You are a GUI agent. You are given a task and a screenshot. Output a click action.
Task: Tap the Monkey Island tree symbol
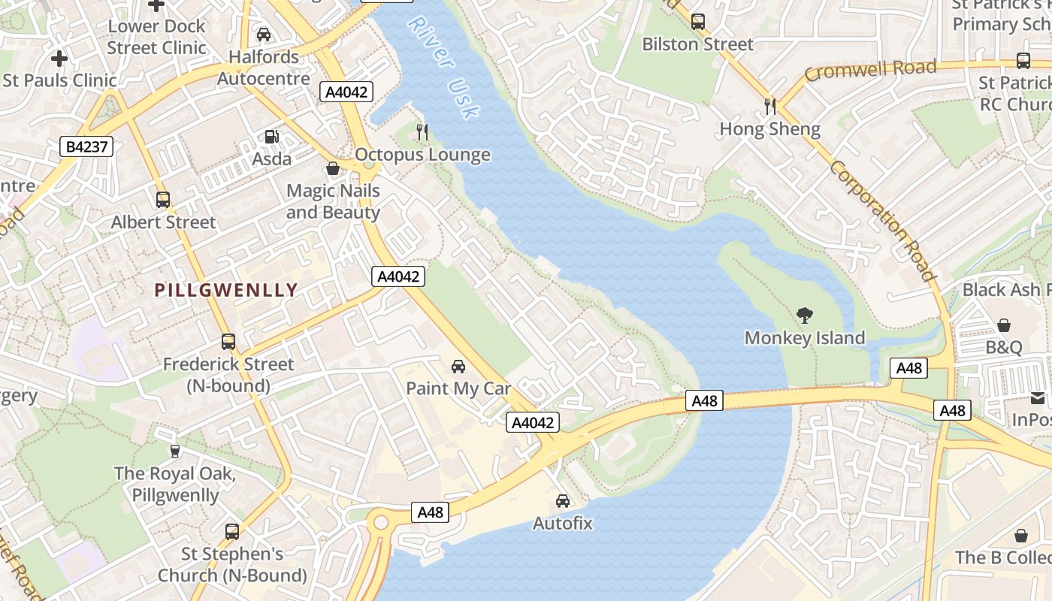pyautogui.click(x=805, y=316)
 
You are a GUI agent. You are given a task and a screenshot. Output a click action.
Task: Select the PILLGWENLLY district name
pyautogui.click(x=226, y=290)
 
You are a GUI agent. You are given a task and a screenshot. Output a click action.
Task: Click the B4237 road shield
pyautogui.click(x=86, y=146)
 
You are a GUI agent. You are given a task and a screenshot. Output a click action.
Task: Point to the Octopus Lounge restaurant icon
pyautogui.click(x=422, y=132)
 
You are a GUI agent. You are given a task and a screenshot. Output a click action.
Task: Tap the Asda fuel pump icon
pyautogui.click(x=271, y=137)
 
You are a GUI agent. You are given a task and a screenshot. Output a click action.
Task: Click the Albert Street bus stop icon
pyautogui.click(x=163, y=200)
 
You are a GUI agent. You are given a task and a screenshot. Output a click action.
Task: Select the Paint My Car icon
pyautogui.click(x=458, y=367)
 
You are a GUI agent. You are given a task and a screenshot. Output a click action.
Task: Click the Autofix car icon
pyautogui.click(x=563, y=500)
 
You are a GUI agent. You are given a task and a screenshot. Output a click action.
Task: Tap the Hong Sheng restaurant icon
pyautogui.click(x=769, y=107)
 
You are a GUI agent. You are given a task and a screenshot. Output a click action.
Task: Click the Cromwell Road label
pyautogui.click(x=870, y=71)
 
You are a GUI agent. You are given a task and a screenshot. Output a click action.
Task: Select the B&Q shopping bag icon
pyautogui.click(x=1004, y=325)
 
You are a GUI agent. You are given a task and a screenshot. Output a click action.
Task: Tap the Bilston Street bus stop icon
pyautogui.click(x=698, y=22)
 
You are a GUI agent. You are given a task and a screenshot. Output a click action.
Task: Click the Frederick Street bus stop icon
pyautogui.click(x=228, y=342)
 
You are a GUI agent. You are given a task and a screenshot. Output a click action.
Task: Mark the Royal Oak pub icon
pyautogui.click(x=175, y=452)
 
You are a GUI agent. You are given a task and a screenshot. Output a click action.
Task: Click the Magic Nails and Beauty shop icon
pyautogui.click(x=333, y=168)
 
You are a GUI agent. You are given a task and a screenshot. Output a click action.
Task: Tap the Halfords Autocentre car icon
pyautogui.click(x=264, y=35)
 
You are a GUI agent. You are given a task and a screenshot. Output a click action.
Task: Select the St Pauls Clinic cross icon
pyautogui.click(x=59, y=58)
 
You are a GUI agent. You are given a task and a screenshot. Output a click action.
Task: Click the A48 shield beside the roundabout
pyautogui.click(x=431, y=512)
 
